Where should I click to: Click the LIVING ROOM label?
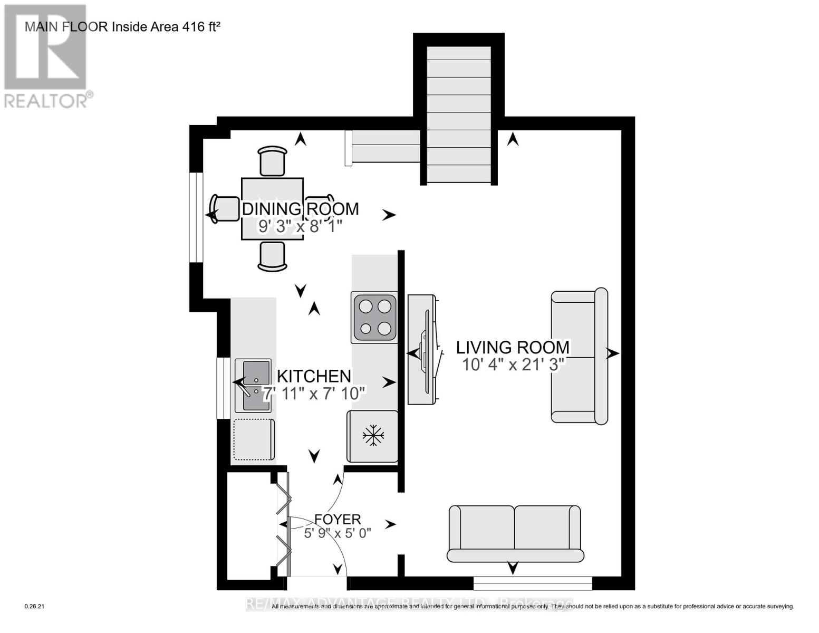point(513,347)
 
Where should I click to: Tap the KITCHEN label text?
point(314,376)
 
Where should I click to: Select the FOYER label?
point(338,519)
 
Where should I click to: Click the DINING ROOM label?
point(300,209)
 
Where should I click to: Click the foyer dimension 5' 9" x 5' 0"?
point(338,533)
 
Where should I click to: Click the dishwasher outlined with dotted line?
point(254,440)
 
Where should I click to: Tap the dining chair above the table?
point(273,161)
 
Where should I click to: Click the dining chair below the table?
point(272,257)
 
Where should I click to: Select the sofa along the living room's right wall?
point(579,357)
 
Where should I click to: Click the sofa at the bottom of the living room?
point(515,534)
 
